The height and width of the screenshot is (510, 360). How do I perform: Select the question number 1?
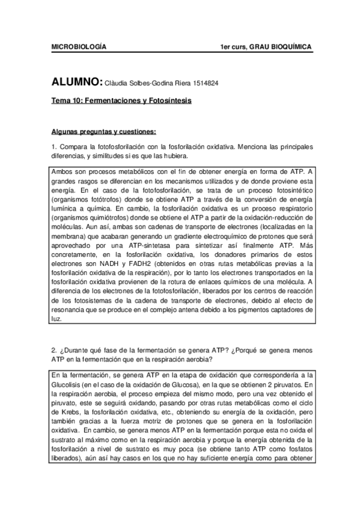53,147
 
